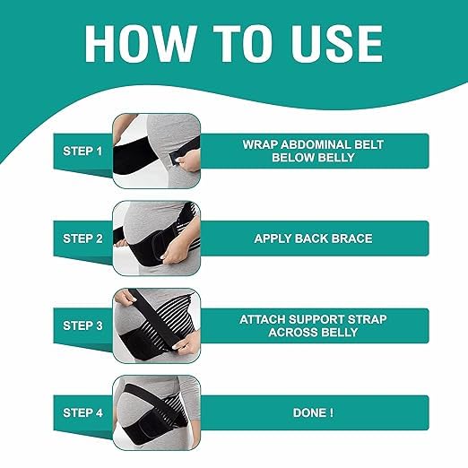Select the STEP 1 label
(83, 150)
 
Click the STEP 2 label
(83, 238)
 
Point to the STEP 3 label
(83, 325)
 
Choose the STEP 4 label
(83, 412)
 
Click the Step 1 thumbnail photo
(155, 150)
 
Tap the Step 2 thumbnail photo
(155, 238)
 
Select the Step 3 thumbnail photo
(155, 325)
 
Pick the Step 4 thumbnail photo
(155, 412)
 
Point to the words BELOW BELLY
(307, 157)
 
